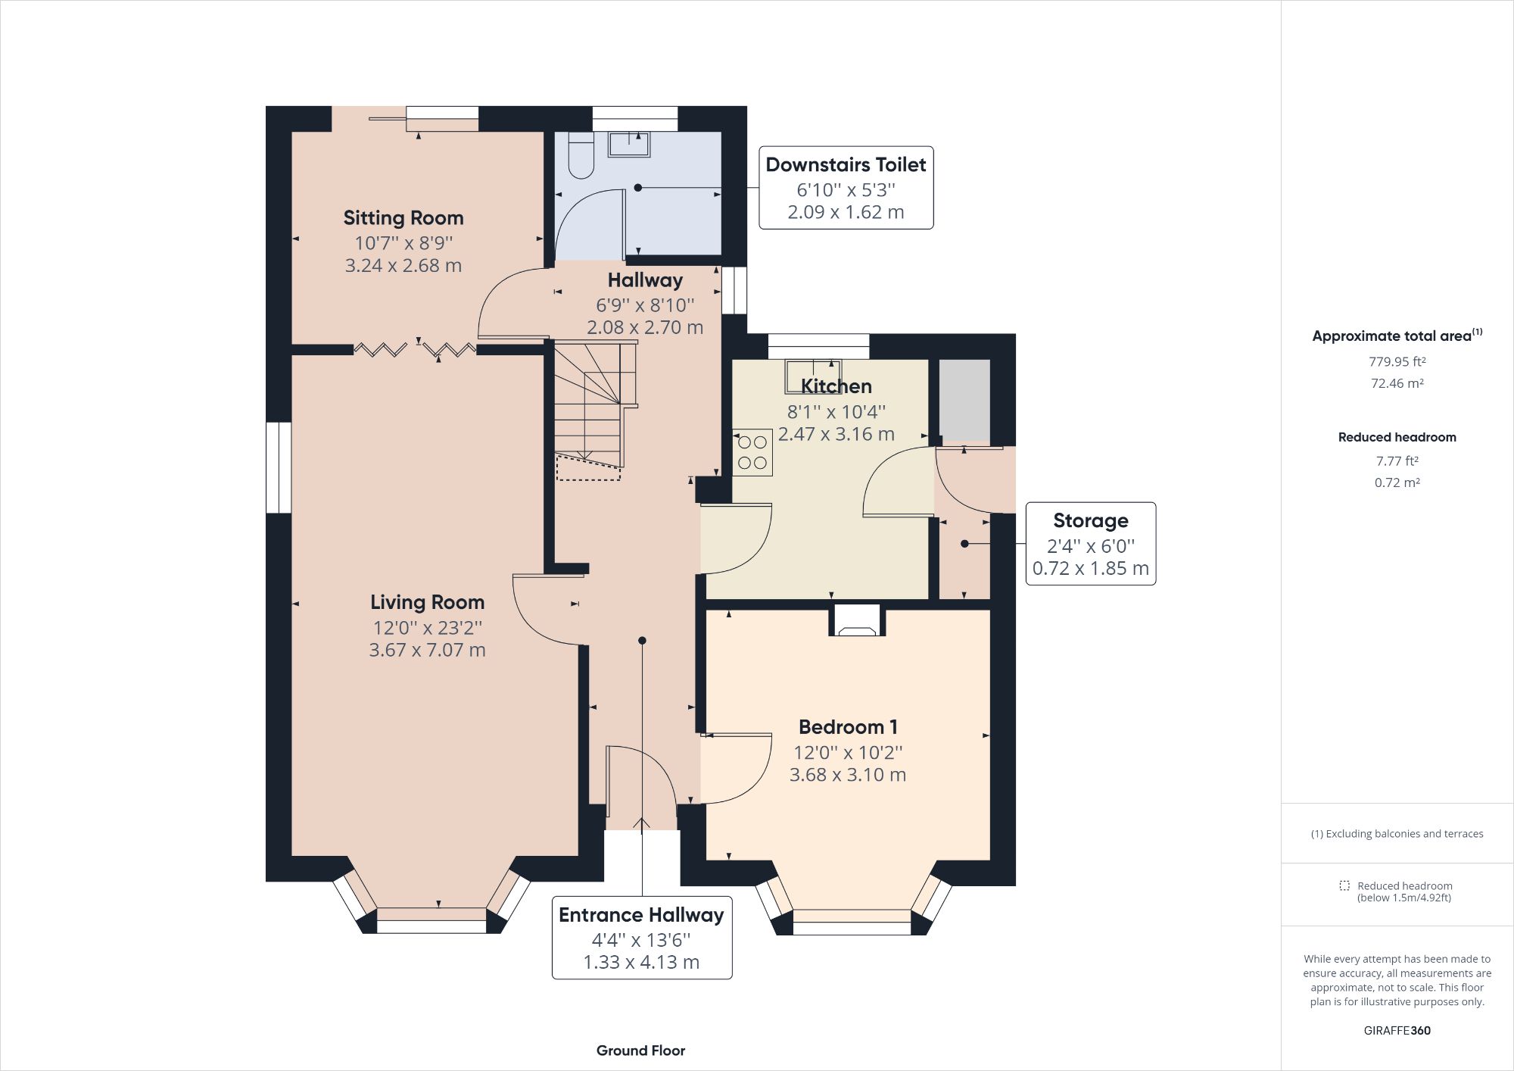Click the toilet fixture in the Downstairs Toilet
point(581,156)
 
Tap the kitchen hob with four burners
point(752,452)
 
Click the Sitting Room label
point(403,218)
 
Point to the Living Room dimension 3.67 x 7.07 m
point(427,650)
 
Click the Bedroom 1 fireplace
point(858,621)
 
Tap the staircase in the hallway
point(594,401)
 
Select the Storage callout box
point(1090,544)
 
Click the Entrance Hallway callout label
point(641,915)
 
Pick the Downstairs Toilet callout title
point(846,164)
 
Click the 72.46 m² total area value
point(1397,383)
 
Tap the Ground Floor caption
point(640,1051)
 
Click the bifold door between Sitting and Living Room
point(415,349)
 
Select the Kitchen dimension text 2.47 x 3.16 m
point(836,434)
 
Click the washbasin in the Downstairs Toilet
point(629,144)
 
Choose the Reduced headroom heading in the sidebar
point(1397,437)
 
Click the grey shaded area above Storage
point(964,399)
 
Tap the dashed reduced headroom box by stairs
point(588,468)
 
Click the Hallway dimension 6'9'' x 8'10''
point(644,305)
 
